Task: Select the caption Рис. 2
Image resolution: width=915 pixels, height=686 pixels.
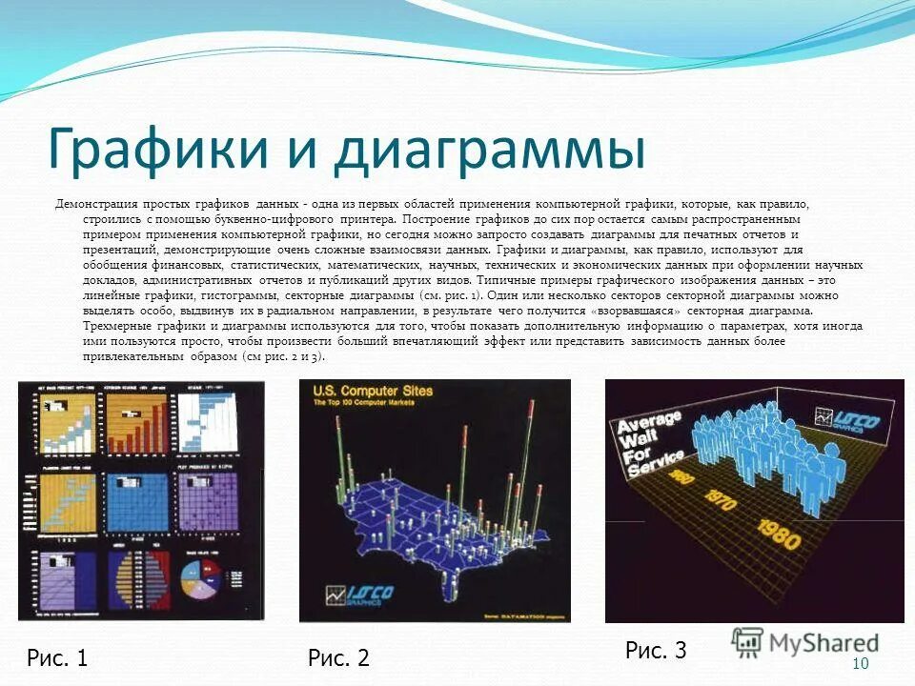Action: tap(338, 656)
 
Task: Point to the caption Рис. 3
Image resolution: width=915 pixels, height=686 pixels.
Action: tap(656, 651)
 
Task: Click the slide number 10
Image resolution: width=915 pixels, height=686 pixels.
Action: tap(861, 663)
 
